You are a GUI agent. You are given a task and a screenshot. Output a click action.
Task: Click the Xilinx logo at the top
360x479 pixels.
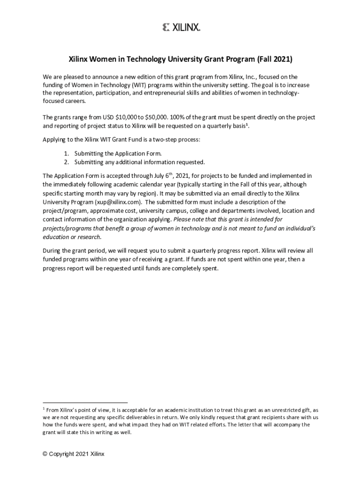pyautogui.click(x=181, y=28)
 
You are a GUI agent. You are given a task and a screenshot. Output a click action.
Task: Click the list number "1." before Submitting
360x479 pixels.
pyautogui.click(x=67, y=153)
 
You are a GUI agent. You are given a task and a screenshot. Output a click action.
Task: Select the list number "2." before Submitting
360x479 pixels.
pyautogui.click(x=67, y=162)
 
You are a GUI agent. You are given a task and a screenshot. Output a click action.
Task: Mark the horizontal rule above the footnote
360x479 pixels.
pyautogui.click(x=85, y=402)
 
